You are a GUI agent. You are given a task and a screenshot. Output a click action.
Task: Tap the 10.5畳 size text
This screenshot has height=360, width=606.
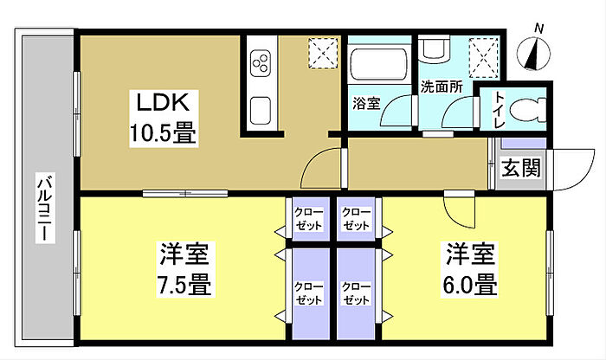point(163,134)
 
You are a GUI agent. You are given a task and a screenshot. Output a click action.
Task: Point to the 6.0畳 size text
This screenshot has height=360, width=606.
point(470,282)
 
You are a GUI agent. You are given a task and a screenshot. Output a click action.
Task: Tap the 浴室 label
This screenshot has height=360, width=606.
point(365,103)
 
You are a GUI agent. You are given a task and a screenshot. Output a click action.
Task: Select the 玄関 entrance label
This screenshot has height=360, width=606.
point(519,168)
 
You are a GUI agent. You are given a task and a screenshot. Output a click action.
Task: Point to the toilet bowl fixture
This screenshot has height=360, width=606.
point(526,109)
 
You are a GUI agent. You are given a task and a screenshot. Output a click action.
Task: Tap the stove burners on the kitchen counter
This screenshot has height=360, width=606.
point(261,61)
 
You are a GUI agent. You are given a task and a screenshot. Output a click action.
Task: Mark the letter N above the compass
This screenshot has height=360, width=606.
point(539,29)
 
